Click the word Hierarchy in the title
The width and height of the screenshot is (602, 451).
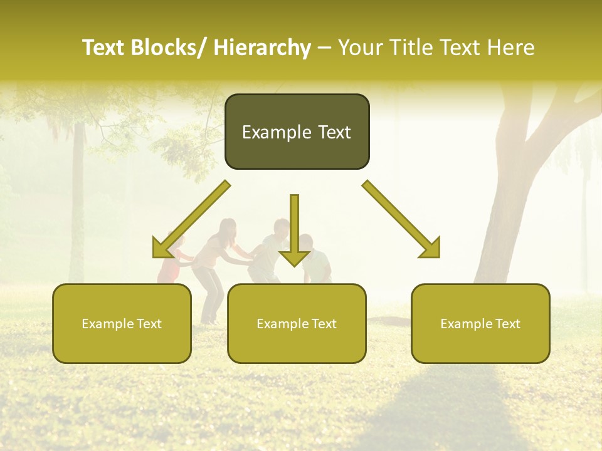pos(262,48)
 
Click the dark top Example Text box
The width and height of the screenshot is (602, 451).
pos(297,132)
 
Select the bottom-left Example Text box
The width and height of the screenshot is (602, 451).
pos(122,323)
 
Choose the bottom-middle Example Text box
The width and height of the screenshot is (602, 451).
pos(297,323)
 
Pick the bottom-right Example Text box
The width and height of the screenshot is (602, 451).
pos(480,323)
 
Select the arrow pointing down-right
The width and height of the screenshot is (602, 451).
pos(401,219)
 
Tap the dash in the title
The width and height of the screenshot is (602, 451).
pos(324,48)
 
